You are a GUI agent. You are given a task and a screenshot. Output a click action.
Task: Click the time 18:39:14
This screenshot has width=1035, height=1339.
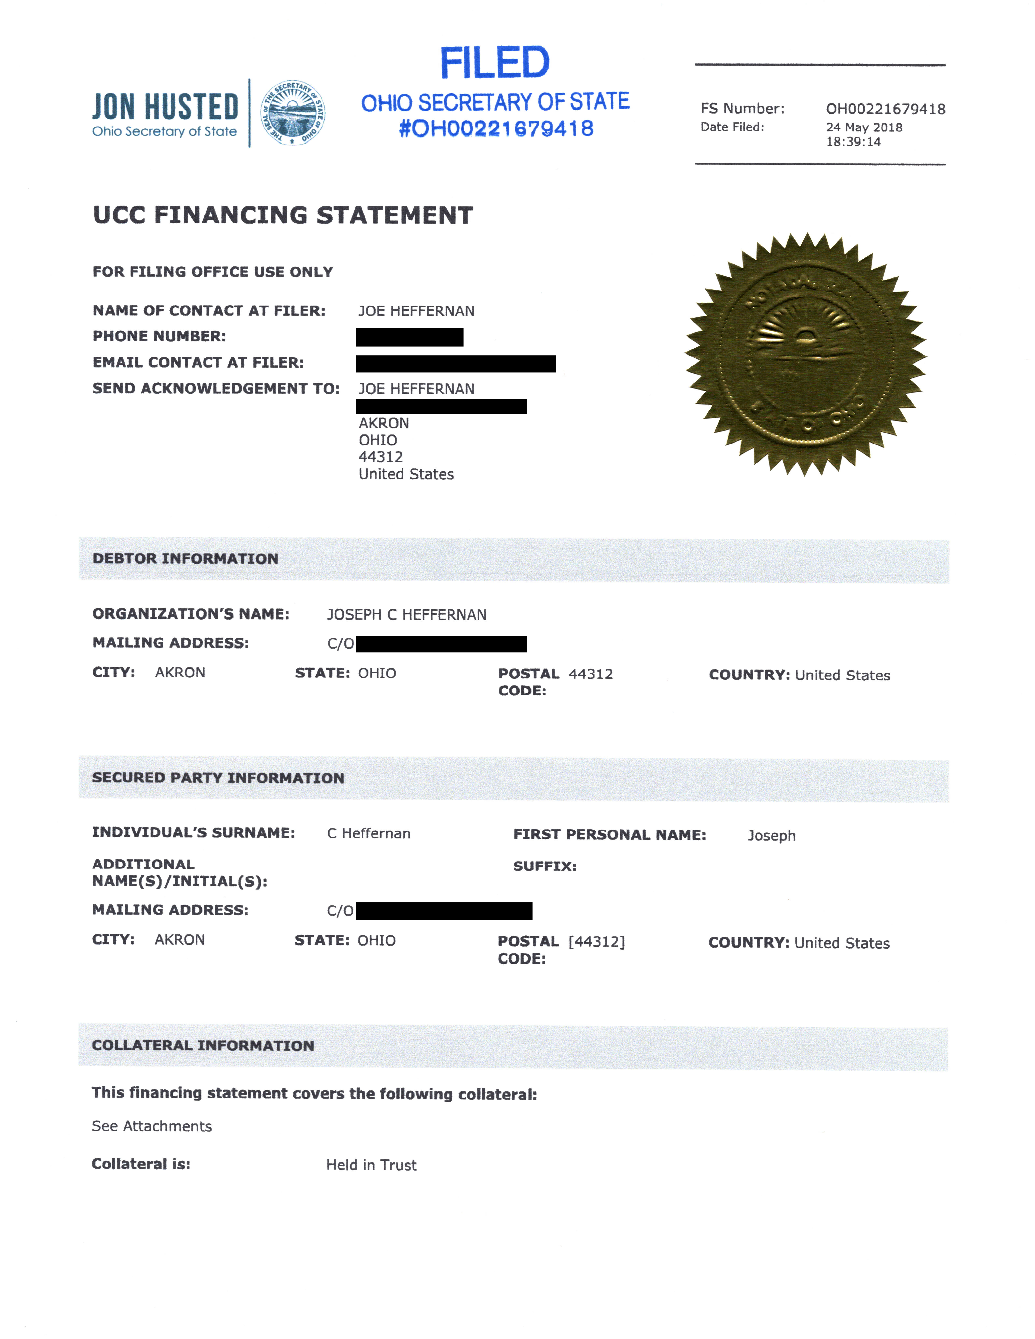pos(853,142)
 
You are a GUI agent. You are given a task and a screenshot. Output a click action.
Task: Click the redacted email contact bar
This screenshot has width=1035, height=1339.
pos(456,364)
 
